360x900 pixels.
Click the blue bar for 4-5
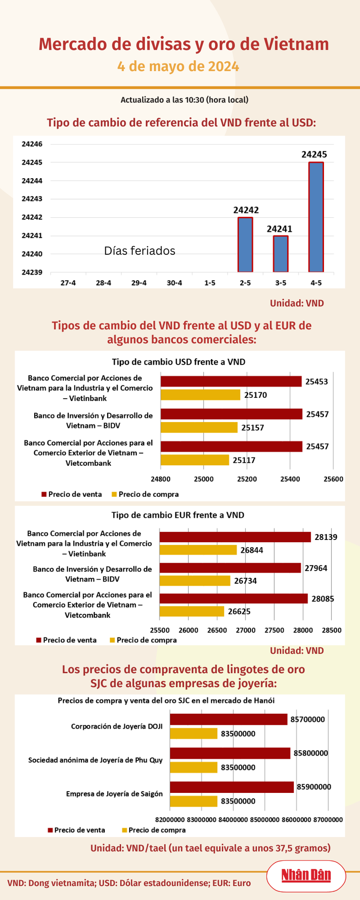[x=316, y=217]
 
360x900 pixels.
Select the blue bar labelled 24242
[x=245, y=245]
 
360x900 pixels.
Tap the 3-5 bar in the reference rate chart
[x=281, y=254]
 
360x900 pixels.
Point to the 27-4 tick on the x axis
[x=68, y=283]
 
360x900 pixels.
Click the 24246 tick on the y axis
[x=32, y=144]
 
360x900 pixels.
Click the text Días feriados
[x=139, y=251]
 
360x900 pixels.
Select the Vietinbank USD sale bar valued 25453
[x=231, y=381]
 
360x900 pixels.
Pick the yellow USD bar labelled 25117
[x=195, y=460]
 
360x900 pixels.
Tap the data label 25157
[x=252, y=428]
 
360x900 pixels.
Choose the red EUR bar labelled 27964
[x=230, y=568]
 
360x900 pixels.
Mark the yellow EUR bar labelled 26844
[x=198, y=550]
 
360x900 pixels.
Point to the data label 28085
[x=323, y=599]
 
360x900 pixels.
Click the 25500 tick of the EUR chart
[x=159, y=630]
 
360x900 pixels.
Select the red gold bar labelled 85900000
[x=231, y=787]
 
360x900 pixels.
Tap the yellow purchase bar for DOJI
[x=194, y=734]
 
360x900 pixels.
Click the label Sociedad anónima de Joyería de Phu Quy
[x=95, y=760]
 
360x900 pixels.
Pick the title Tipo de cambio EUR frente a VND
[x=178, y=515]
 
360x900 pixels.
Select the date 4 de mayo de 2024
[x=178, y=67]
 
